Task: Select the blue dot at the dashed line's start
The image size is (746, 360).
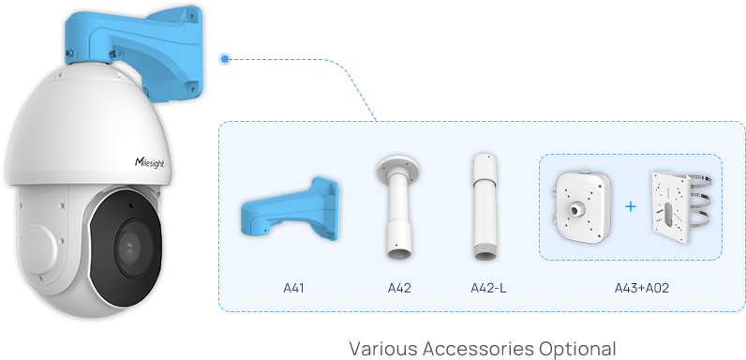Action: tap(224, 59)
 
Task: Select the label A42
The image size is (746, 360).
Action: tap(400, 287)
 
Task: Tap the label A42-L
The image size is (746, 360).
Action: tap(488, 287)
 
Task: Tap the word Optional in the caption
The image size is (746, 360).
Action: tap(578, 349)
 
